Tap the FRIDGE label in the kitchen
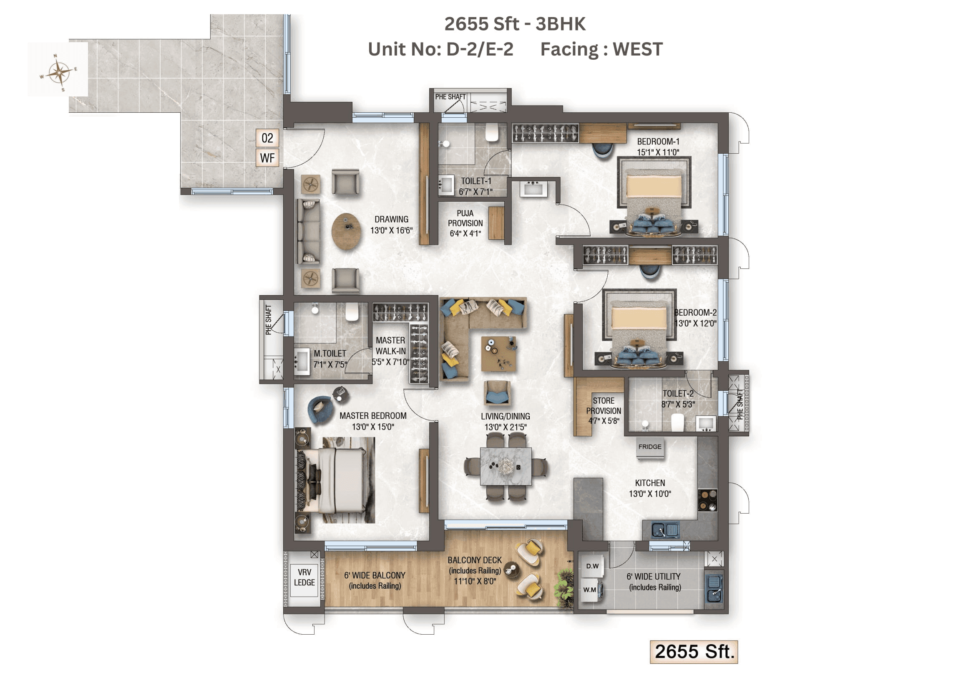tap(649, 447)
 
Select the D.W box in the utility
tap(592, 566)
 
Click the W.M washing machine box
tap(590, 590)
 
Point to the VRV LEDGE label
tap(304, 577)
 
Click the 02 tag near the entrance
tap(267, 138)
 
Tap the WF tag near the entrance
tap(267, 158)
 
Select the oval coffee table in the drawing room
tap(347, 231)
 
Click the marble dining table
tap(506, 466)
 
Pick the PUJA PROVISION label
tap(465, 223)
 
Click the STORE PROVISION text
tap(603, 410)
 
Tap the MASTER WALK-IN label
tap(390, 351)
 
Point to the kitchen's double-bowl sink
tap(665, 530)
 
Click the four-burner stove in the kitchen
tap(707, 500)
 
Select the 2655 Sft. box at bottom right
tap(694, 652)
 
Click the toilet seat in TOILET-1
tap(492, 133)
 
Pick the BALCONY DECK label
tap(474, 570)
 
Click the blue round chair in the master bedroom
tap(319, 410)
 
